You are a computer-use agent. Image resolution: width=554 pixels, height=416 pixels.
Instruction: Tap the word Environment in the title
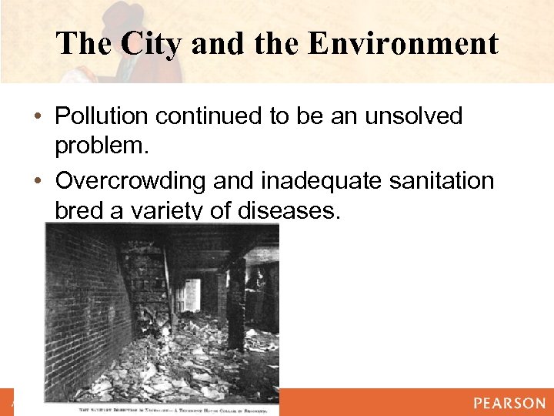[x=402, y=43]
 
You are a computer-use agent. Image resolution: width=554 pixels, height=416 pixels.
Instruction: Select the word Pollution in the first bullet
[x=102, y=117]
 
